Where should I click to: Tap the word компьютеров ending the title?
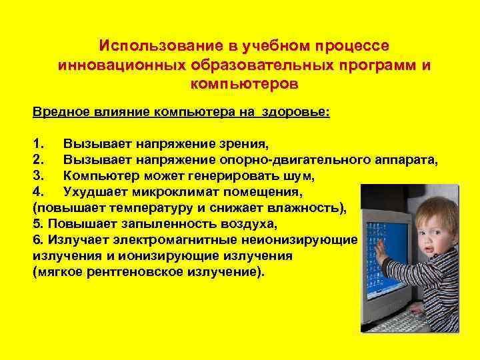click(x=245, y=85)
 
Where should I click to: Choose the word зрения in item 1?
click(x=244, y=143)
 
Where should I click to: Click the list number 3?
click(x=37, y=175)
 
